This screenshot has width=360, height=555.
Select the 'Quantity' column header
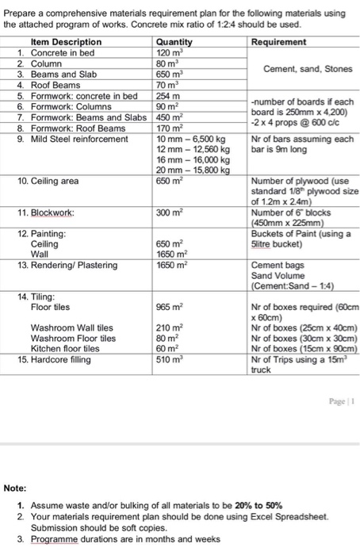[174, 41]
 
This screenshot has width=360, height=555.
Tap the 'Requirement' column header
[280, 41]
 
